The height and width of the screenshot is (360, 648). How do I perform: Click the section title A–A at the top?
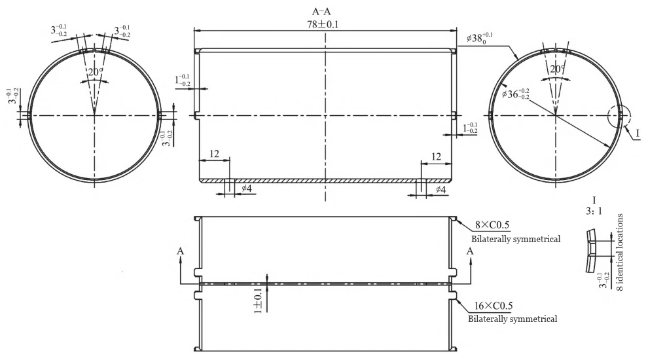point(325,11)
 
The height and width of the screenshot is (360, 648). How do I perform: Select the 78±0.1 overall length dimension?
point(325,24)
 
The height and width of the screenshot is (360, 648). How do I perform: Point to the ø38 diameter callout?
point(480,38)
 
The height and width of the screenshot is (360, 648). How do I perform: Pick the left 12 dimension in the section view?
point(213,153)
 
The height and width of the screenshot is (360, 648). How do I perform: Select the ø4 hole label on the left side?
point(247,190)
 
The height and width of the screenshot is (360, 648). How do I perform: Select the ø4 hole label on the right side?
point(441,190)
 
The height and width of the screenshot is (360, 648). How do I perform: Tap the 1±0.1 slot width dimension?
point(260,300)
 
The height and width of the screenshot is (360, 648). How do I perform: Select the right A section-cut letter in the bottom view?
point(469,251)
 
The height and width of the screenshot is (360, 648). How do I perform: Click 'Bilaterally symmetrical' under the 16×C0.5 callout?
point(513,319)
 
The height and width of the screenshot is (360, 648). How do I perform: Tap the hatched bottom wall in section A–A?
point(325,180)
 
